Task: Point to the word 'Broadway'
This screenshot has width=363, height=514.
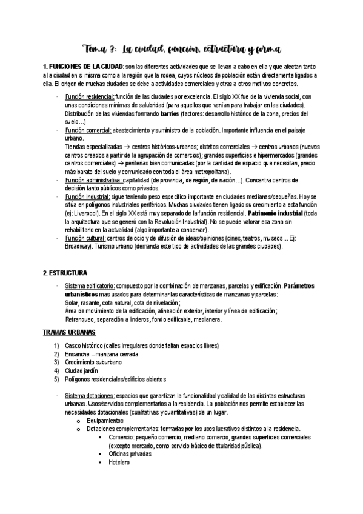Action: pos(79,247)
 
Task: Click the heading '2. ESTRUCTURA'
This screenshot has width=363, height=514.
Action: pos(65,273)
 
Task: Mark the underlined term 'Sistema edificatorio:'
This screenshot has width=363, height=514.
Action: pos(90,285)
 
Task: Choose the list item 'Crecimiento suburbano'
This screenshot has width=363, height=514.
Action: pos(93,362)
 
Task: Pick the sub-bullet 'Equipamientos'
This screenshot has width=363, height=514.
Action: pos(105,420)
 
